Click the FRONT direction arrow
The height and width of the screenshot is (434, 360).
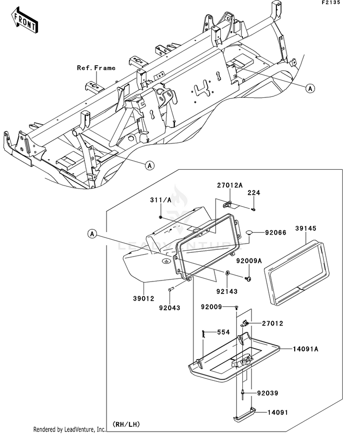tap(24, 21)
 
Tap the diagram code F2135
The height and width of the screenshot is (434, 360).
tap(331, 2)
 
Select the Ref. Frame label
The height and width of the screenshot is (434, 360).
tap(96, 68)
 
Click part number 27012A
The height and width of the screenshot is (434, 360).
tap(230, 186)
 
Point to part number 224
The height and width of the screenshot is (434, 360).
tap(254, 193)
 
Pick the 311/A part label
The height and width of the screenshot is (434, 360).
tap(161, 200)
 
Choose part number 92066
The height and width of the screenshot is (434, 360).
tap(276, 233)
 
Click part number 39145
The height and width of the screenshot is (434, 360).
tap(305, 228)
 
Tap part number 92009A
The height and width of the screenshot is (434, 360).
tap(249, 261)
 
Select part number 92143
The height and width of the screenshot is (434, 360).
tap(227, 291)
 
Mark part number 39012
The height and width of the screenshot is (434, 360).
tap(143, 299)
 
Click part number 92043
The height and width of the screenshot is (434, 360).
tap(169, 308)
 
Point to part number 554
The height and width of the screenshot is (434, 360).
tap(223, 332)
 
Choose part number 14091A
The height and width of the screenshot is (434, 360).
tap(305, 349)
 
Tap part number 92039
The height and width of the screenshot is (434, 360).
tap(268, 393)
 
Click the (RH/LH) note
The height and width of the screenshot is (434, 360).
tap(126, 424)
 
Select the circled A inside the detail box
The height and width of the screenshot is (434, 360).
tap(92, 234)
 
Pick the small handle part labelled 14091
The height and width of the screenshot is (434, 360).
tap(244, 414)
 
